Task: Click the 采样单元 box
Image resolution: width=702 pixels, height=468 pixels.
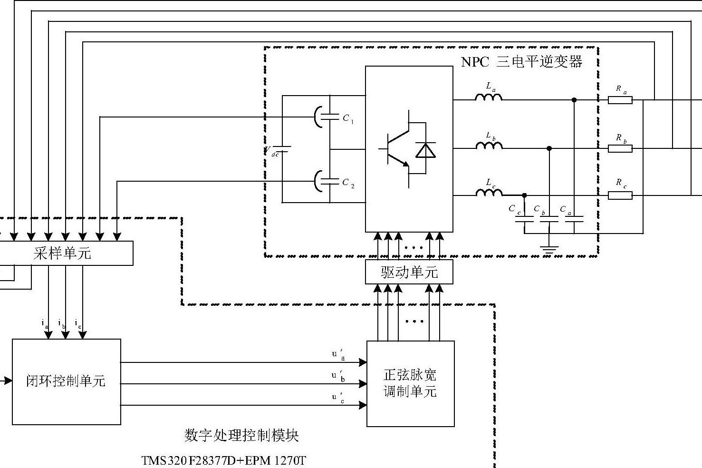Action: (64, 253)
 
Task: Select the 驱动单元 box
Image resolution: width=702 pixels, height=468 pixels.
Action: (409, 272)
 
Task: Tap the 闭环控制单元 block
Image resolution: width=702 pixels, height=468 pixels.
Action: (66, 381)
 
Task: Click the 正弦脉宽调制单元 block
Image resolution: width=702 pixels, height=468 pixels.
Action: (410, 383)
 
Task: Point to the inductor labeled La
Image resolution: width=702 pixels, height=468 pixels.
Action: (489, 97)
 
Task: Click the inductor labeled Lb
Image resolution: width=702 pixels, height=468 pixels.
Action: (489, 146)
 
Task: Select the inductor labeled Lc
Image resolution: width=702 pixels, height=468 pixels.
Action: (489, 193)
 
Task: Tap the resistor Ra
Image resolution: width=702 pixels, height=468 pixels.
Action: (620, 100)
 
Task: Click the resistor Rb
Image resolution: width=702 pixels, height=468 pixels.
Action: (620, 148)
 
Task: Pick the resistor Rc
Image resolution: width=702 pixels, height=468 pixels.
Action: (620, 195)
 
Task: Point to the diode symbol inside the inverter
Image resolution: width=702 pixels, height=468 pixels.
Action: (425, 149)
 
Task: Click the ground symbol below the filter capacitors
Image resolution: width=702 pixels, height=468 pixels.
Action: (549, 248)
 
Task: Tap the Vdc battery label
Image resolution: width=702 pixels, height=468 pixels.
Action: (272, 152)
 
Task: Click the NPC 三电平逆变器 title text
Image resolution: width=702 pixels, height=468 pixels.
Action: (521, 62)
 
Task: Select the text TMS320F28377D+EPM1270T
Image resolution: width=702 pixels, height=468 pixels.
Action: (223, 460)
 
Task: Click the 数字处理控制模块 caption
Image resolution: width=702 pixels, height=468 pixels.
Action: (241, 435)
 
